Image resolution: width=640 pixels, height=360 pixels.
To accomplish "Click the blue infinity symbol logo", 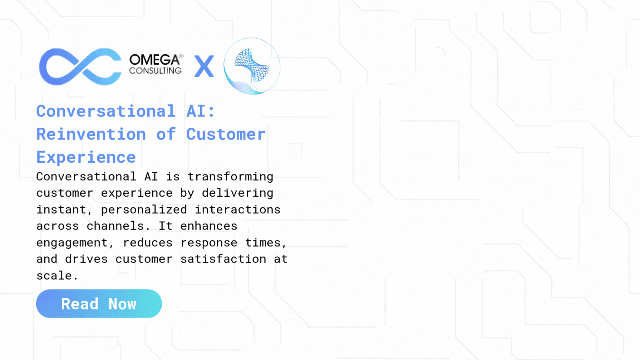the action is click(x=80, y=67).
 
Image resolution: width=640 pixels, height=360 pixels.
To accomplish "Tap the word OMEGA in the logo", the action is click(x=154, y=60).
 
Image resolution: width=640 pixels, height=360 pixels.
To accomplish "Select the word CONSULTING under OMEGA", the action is click(x=156, y=70).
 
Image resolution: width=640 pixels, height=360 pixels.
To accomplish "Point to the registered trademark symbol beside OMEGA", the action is click(x=181, y=56).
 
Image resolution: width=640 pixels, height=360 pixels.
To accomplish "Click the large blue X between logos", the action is click(x=204, y=66).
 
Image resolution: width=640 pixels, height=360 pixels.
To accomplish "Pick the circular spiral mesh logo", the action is click(x=252, y=66).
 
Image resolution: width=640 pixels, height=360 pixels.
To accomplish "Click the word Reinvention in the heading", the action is click(x=91, y=134).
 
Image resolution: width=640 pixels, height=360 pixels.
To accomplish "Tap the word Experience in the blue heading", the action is click(x=86, y=157).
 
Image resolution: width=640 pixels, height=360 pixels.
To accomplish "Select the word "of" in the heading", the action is click(x=166, y=134).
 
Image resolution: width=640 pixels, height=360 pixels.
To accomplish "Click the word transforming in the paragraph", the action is click(x=230, y=177).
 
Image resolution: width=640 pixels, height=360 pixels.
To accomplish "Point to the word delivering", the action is click(x=237, y=193).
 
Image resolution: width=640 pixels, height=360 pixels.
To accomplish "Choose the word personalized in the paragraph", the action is click(x=144, y=209).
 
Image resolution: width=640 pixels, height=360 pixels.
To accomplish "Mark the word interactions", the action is click(x=237, y=209).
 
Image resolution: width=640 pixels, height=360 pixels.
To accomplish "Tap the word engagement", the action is click(x=72, y=243).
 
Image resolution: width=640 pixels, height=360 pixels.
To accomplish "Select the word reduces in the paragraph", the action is click(x=148, y=243).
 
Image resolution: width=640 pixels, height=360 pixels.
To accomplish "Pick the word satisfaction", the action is click(x=223, y=259).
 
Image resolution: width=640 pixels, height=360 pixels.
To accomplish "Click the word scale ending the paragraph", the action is click(x=54, y=276).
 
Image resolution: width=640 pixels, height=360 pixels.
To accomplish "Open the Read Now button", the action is click(x=99, y=304).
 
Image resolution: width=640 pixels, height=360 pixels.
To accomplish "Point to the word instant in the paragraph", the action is click(x=61, y=209).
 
